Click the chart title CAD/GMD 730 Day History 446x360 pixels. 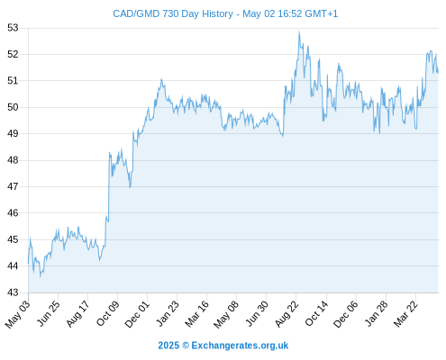(x=173, y=13)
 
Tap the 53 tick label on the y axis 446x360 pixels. (x=13, y=28)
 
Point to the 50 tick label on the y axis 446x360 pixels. (x=13, y=107)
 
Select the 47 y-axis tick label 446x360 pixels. (x=13, y=186)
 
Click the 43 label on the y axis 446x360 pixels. (x=13, y=292)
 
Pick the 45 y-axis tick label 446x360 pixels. (x=13, y=239)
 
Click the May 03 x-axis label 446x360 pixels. (x=18, y=314)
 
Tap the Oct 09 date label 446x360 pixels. (x=108, y=313)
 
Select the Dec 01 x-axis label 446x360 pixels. (x=137, y=314)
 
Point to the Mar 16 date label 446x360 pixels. (x=196, y=313)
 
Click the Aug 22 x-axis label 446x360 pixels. (x=287, y=313)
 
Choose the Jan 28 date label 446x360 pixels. (x=376, y=313)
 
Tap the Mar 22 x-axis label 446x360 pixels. (x=405, y=313)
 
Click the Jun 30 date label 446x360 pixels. (x=257, y=313)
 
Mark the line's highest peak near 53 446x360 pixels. (x=299, y=31)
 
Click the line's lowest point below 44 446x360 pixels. (x=41, y=276)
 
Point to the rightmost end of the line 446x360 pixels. (x=438, y=73)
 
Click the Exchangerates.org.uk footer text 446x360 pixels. (x=240, y=346)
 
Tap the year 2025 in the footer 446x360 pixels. (x=168, y=346)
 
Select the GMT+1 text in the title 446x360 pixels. (x=321, y=13)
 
